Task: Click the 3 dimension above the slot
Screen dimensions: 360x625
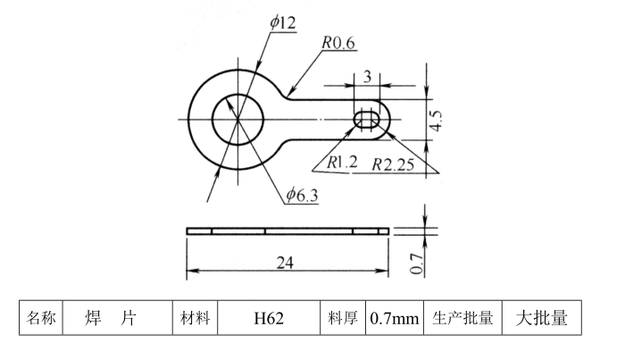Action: [367, 75]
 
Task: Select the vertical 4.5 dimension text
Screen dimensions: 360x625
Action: [436, 120]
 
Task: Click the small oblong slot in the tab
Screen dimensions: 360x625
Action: [367, 120]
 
